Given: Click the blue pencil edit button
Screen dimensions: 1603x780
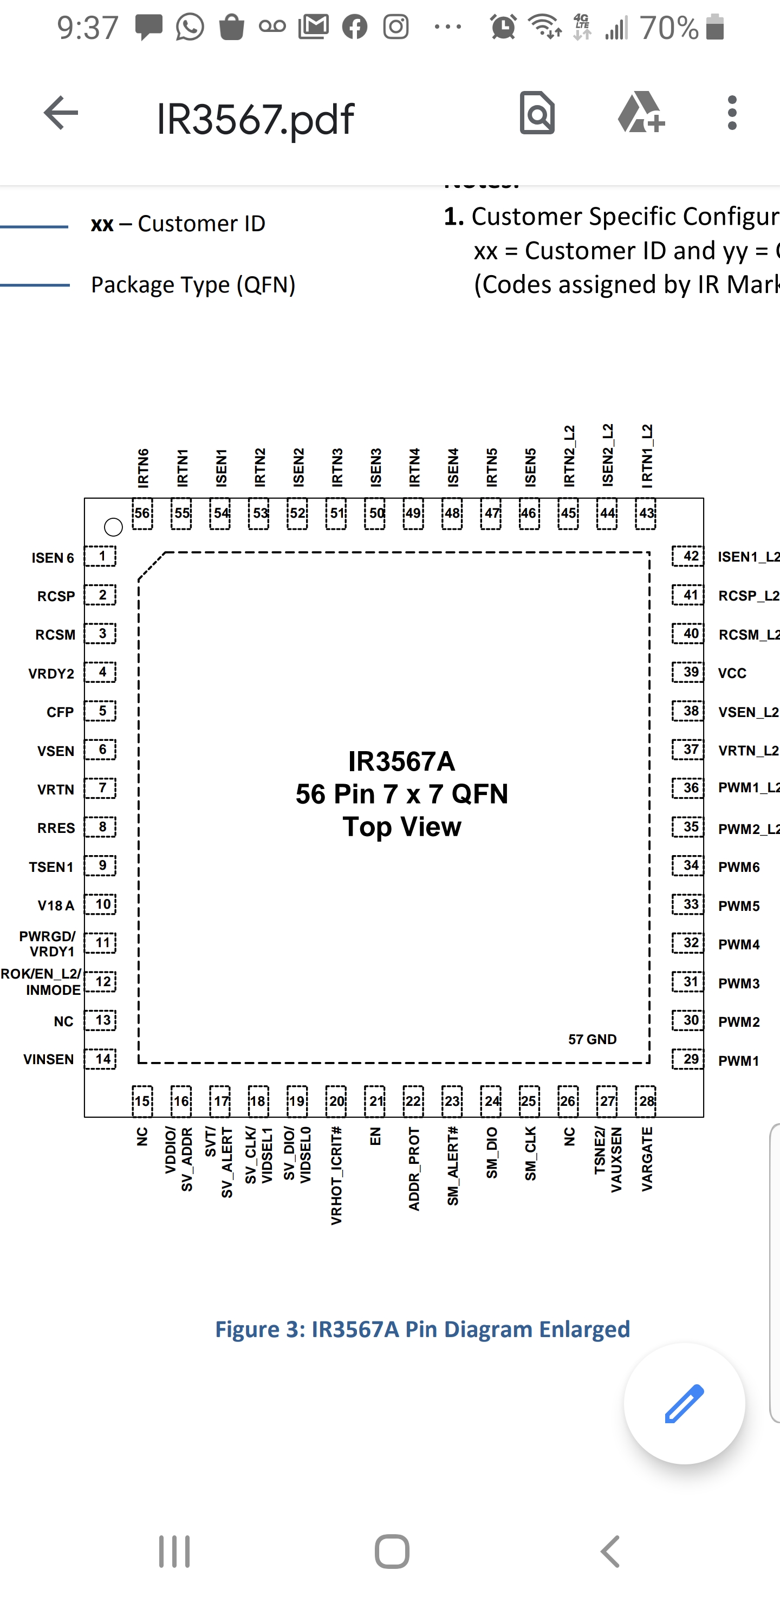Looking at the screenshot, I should pyautogui.click(x=684, y=1403).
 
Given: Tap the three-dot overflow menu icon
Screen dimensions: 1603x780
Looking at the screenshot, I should pyautogui.click(x=732, y=113).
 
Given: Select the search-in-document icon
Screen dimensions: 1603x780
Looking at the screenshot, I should pyautogui.click(x=537, y=113).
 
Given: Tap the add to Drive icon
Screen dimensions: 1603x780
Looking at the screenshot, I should pyautogui.click(x=641, y=113).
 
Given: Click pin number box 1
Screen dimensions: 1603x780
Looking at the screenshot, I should pyautogui.click(x=101, y=556).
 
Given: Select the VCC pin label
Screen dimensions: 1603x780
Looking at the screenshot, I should pyautogui.click(x=732, y=673).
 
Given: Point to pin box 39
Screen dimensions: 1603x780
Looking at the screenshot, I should pyautogui.click(x=688, y=672).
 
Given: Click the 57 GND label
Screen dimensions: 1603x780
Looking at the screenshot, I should pyautogui.click(x=592, y=1039).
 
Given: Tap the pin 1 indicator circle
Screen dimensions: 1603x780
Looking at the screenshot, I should pyautogui.click(x=113, y=527).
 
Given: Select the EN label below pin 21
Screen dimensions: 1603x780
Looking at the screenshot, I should pyautogui.click(x=375, y=1136).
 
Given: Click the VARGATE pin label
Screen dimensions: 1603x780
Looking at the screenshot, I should pyautogui.click(x=647, y=1159).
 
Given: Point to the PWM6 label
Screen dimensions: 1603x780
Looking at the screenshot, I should pyautogui.click(x=739, y=867).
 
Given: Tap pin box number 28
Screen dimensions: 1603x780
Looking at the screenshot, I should pyautogui.click(x=646, y=1101).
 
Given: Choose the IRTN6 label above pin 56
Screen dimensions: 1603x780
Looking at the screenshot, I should pyautogui.click(x=143, y=467).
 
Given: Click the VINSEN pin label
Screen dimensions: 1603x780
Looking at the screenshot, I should pyautogui.click(x=49, y=1059).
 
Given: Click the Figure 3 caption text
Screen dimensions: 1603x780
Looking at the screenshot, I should pyautogui.click(x=422, y=1328).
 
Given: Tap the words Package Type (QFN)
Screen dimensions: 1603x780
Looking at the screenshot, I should pyautogui.click(x=193, y=284).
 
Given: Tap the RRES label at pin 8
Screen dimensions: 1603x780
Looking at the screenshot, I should pyautogui.click(x=56, y=828).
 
